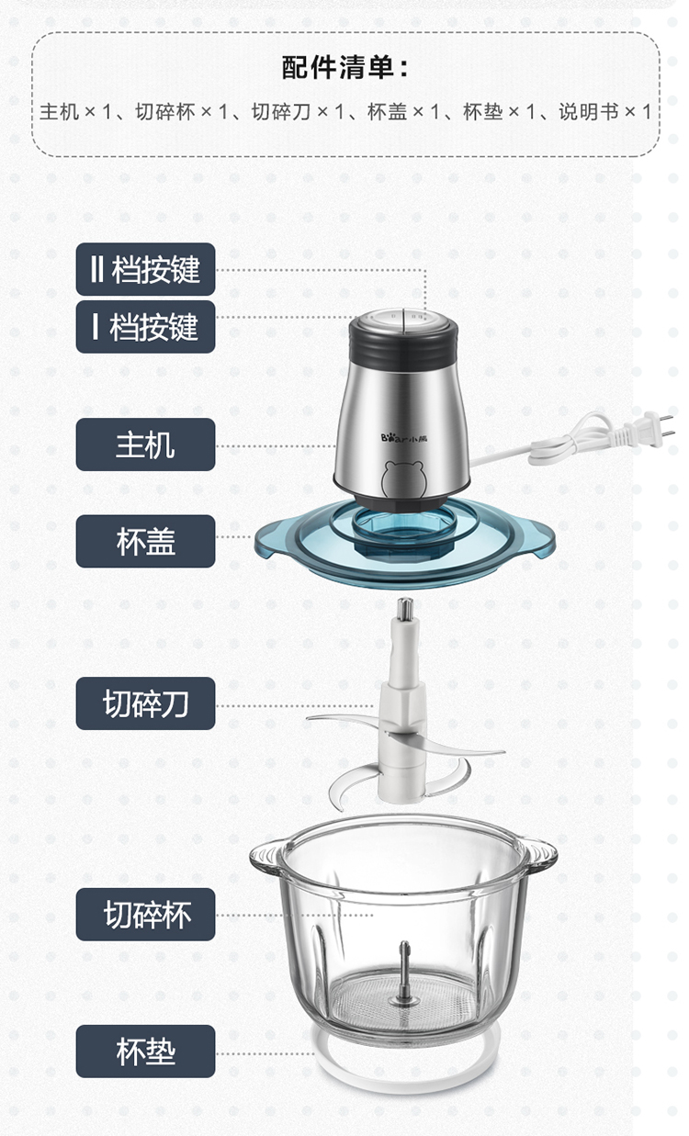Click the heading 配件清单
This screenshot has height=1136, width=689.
345,67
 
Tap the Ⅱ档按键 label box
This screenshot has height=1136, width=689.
146,269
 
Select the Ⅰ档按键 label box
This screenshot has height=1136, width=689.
146,327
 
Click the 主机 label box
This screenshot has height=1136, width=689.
146,444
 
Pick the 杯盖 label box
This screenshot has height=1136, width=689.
146,541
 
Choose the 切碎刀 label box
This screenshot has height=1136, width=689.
146,703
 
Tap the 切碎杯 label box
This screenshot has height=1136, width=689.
146,915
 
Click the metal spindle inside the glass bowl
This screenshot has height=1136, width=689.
404,972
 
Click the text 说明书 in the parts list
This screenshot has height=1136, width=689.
589,111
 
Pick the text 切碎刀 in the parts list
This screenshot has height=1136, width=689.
281,111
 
